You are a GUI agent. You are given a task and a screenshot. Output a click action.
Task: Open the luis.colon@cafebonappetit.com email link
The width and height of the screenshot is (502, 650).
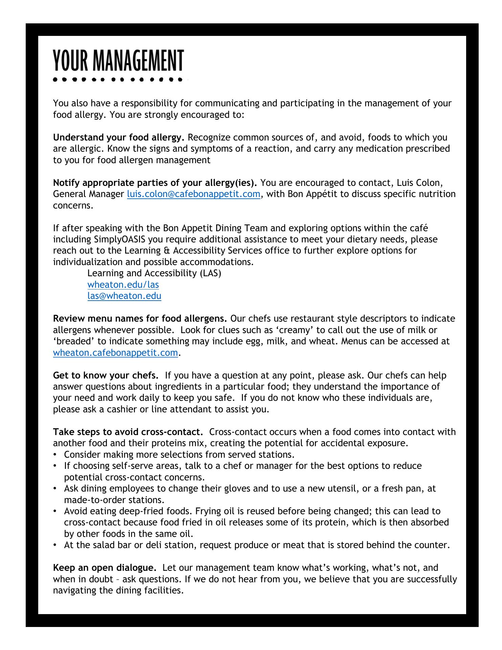(193, 194)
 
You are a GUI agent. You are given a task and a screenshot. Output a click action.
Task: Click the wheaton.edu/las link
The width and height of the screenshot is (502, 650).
(123, 285)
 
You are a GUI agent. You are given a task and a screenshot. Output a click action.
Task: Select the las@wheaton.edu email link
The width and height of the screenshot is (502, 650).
(124, 296)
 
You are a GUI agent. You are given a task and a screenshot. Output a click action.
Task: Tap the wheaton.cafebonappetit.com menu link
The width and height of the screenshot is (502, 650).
(115, 353)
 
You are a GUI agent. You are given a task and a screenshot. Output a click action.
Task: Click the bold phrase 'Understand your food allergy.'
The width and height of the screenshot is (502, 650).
(119, 137)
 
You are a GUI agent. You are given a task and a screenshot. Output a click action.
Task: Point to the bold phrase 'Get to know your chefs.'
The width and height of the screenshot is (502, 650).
(106, 375)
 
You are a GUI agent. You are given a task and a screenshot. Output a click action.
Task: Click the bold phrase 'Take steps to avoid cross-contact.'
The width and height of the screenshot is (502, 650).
(128, 432)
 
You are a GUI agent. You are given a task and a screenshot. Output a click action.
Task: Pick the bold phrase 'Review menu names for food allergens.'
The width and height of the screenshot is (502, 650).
(140, 319)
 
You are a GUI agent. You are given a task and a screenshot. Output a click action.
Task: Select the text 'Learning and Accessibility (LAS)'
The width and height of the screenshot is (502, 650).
(154, 273)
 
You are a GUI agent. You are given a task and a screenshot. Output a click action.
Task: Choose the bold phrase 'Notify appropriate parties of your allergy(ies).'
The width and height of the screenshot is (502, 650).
(155, 183)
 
